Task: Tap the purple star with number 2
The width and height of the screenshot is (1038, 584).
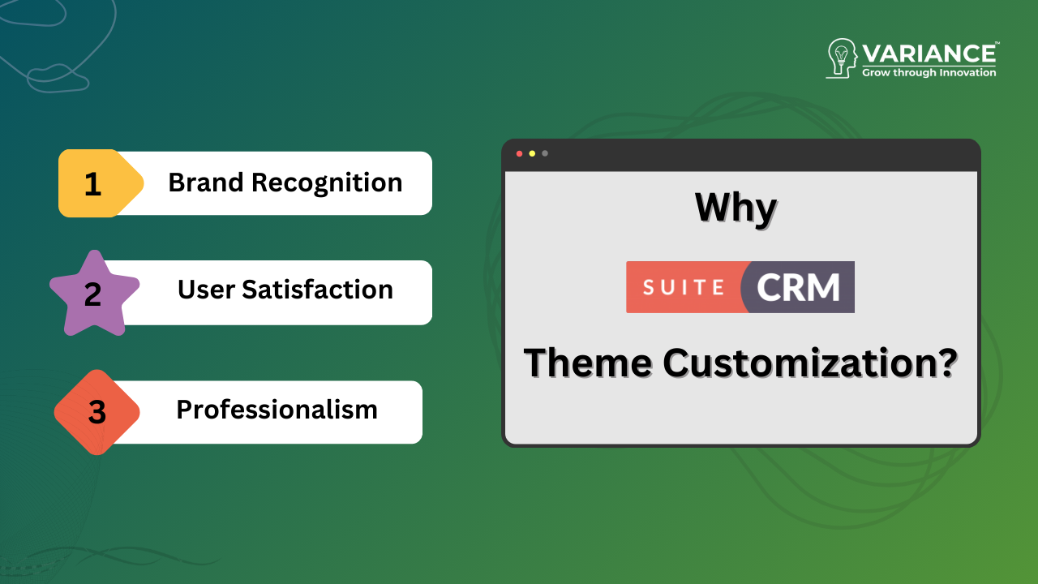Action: pyautogui.click(x=94, y=294)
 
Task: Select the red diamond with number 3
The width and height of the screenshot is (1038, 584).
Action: pyautogui.click(x=97, y=412)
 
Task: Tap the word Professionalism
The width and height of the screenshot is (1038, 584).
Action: pyautogui.click(x=277, y=410)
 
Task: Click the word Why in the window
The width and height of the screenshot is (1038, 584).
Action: pyautogui.click(x=736, y=208)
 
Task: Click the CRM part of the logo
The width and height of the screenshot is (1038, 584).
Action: pyautogui.click(x=799, y=287)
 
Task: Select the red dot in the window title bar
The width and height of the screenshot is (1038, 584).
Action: pyautogui.click(x=519, y=153)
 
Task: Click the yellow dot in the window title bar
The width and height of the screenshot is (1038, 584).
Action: pyautogui.click(x=532, y=153)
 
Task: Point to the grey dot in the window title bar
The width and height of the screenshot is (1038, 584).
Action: pyautogui.click(x=545, y=153)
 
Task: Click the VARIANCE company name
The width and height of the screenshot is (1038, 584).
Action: pyautogui.click(x=929, y=54)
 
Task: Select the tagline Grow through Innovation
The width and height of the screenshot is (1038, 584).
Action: pyautogui.click(x=929, y=73)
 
